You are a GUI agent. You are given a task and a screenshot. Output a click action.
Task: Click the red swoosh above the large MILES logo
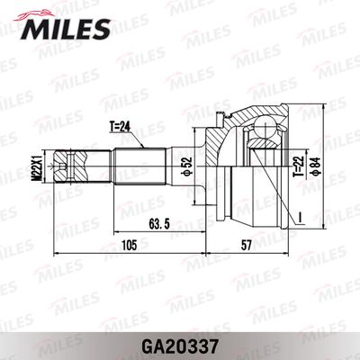[x=43, y=11]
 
